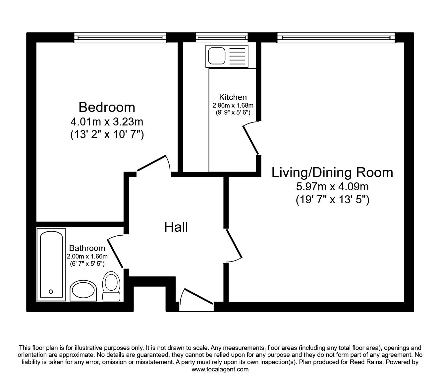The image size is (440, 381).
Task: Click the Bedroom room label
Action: click(107, 107)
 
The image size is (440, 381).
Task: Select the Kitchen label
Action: click(233, 97)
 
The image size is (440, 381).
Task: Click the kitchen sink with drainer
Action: click(227, 55)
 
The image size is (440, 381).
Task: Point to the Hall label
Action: click(176, 227)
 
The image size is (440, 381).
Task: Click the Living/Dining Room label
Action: click(332, 172)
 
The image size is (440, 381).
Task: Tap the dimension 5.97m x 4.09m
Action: click(332, 187)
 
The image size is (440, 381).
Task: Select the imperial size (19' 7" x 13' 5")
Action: click(332, 200)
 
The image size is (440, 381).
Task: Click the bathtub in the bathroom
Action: click(51, 265)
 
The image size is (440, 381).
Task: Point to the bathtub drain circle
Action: click(51, 292)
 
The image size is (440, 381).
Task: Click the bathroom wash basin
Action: click(83, 291)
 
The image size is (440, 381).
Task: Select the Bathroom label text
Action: click(87, 248)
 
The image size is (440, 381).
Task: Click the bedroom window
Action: click(120, 37)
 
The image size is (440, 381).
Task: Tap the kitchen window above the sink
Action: click(222, 37)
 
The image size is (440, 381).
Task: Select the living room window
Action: click(336, 37)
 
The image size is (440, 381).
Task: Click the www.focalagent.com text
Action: click(220, 369)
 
